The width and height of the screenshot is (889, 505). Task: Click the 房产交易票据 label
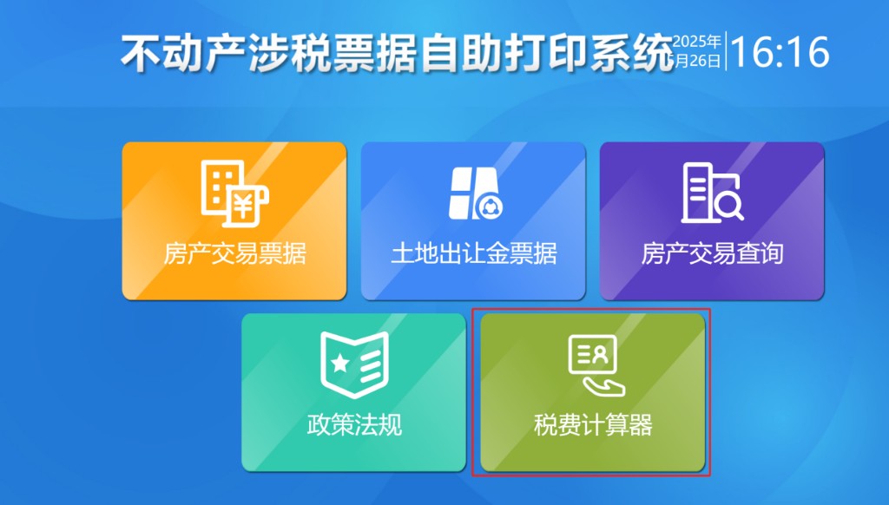pos(234,253)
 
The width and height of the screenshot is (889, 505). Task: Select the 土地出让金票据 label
pos(473,253)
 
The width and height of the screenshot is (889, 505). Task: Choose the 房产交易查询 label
pos(712,253)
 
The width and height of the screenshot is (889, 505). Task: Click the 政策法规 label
pos(354,426)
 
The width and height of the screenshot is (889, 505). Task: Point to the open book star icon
pos(354,364)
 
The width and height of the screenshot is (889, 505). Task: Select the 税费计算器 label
pos(593,426)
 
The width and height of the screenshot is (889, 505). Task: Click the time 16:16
pos(779,53)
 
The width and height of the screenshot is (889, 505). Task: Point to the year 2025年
pos(697,42)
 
